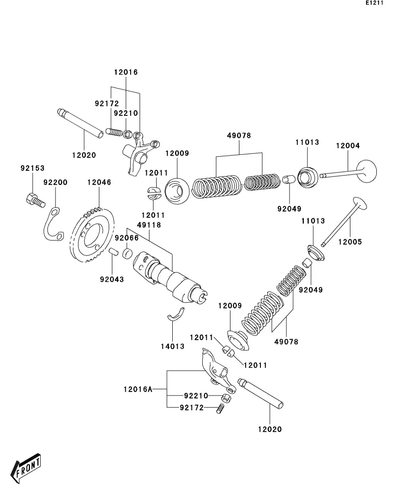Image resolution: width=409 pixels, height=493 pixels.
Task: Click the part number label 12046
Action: pyautogui.click(x=99, y=182)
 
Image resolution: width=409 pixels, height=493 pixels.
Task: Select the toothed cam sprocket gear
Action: pyautogui.click(x=92, y=235)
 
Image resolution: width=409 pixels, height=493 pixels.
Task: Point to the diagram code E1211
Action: pyautogui.click(x=375, y=3)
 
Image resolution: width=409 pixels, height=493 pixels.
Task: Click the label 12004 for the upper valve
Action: pyautogui.click(x=348, y=146)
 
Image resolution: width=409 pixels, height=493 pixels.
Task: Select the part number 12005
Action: pyautogui.click(x=350, y=242)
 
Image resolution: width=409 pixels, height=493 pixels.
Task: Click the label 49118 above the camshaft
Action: pyautogui.click(x=149, y=225)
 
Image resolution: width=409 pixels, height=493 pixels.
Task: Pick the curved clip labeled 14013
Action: pyautogui.click(x=176, y=315)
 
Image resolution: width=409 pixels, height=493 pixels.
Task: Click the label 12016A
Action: pyautogui.click(x=138, y=390)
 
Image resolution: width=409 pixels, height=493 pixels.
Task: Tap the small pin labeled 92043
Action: pyautogui.click(x=114, y=253)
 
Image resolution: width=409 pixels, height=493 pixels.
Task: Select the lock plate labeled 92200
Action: pyautogui.click(x=53, y=224)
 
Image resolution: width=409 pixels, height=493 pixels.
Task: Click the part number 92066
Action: pyautogui.click(x=127, y=238)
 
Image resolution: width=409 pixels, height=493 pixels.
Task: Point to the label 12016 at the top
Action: pyautogui.click(x=126, y=72)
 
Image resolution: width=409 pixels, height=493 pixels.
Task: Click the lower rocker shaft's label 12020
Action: pyautogui.click(x=270, y=430)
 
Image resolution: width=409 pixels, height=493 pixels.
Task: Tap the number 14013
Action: pyautogui.click(x=173, y=346)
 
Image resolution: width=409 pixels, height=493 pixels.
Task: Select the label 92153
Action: pyautogui.click(x=33, y=169)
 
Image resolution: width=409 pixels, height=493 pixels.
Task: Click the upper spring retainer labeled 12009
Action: pyautogui.click(x=177, y=190)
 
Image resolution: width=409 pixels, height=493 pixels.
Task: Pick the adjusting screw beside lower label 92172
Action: pyautogui.click(x=221, y=409)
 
